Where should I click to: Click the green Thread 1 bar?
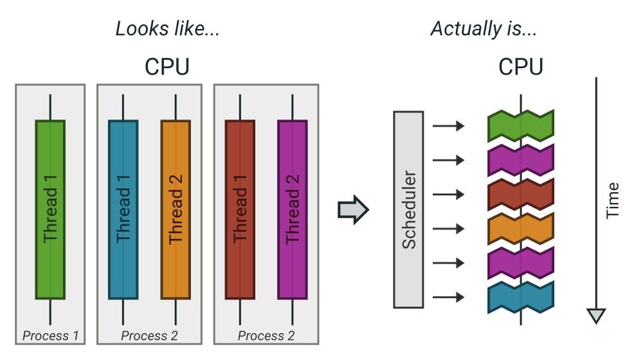pyautogui.click(x=50, y=210)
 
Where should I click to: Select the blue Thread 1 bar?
pyautogui.click(x=123, y=210)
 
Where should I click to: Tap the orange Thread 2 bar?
pyautogui.click(x=176, y=210)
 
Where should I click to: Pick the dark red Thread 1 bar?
pyautogui.click(x=240, y=210)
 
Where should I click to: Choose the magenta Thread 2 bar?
pyautogui.click(x=292, y=210)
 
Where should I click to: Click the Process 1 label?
pyautogui.click(x=50, y=335)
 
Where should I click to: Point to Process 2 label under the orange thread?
pyautogui.click(x=149, y=335)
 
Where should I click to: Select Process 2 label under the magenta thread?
pyautogui.click(x=266, y=335)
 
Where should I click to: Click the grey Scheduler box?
pyautogui.click(x=408, y=209)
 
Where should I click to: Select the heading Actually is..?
pyautogui.click(x=484, y=29)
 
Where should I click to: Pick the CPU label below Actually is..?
pyautogui.click(x=521, y=67)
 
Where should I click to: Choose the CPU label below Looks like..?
pyautogui.click(x=167, y=67)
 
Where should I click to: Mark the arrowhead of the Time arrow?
pyautogui.click(x=597, y=316)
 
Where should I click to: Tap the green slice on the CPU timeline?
pyautogui.click(x=521, y=126)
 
